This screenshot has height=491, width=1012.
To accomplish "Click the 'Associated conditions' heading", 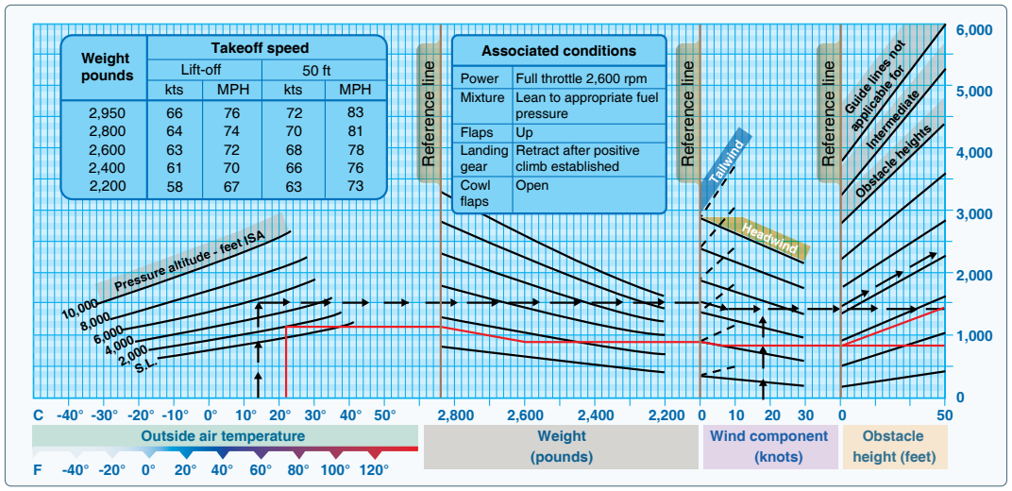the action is [x=559, y=51].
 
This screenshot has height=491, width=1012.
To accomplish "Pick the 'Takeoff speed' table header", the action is [x=261, y=48].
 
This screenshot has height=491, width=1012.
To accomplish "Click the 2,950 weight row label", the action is [x=107, y=113].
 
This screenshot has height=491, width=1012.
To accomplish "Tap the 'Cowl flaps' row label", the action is [x=476, y=193].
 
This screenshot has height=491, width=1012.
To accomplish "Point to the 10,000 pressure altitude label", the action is [x=80, y=310].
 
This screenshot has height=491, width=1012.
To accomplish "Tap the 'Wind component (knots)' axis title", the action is [x=768, y=447].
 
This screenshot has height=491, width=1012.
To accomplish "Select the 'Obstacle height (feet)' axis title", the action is [x=895, y=447].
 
